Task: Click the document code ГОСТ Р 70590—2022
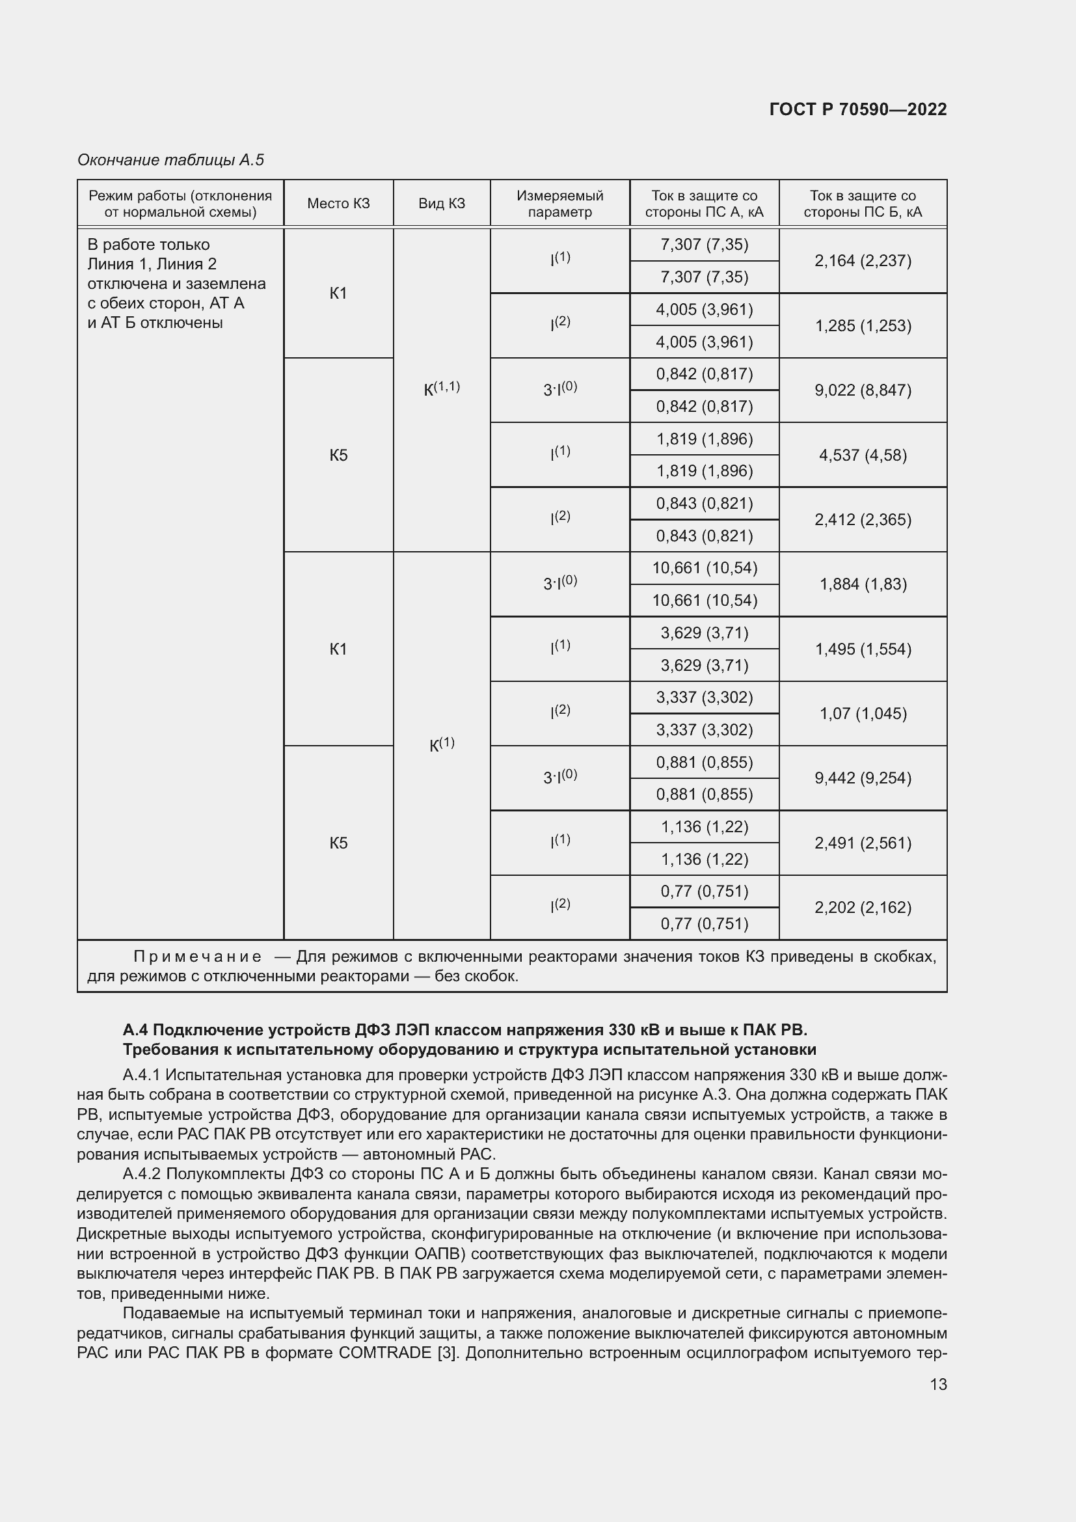858,109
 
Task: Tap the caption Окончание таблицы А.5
170,160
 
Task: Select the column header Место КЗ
338,204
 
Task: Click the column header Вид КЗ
441,204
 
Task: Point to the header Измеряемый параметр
559,204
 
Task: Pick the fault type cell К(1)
441,744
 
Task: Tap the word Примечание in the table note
198,957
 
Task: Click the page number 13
938,1384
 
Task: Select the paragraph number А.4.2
142,1174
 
